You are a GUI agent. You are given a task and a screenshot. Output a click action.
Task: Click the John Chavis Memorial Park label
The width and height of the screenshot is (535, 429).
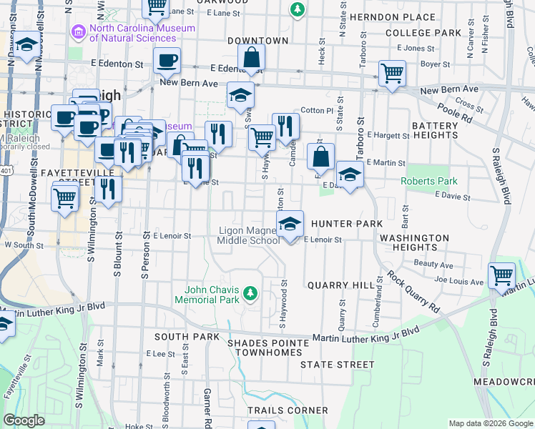click(x=212, y=295)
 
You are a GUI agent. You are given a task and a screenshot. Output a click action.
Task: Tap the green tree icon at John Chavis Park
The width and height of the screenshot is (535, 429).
click(x=250, y=292)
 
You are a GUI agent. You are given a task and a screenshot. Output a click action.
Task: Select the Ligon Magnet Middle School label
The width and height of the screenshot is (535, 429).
click(x=248, y=235)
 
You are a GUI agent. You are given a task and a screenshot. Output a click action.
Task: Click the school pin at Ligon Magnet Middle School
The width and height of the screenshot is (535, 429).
click(x=290, y=224)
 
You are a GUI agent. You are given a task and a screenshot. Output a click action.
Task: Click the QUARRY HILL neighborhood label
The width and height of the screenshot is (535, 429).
click(x=340, y=285)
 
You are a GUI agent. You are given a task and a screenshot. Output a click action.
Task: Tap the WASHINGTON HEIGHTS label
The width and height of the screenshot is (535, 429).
click(x=414, y=242)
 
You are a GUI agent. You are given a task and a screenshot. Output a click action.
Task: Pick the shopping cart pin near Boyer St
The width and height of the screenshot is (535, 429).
click(x=392, y=73)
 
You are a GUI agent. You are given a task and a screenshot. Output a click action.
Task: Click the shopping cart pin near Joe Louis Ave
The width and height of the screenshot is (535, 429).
click(x=501, y=275)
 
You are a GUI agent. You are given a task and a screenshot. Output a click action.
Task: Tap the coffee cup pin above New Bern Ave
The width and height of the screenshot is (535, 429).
click(x=167, y=61)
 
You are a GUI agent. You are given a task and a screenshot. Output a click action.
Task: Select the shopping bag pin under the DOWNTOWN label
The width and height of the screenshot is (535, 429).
click(x=252, y=57)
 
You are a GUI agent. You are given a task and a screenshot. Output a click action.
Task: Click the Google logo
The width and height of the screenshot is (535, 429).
click(x=24, y=420)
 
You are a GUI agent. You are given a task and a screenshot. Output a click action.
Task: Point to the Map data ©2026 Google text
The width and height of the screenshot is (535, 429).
click(x=490, y=423)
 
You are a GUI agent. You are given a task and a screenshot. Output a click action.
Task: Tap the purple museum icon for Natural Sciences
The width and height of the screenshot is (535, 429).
click(x=78, y=33)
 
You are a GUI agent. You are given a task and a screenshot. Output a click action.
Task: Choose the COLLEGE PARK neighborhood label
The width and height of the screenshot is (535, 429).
click(x=423, y=33)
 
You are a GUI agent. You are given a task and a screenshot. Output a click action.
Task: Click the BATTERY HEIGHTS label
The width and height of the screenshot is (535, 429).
click(x=434, y=131)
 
